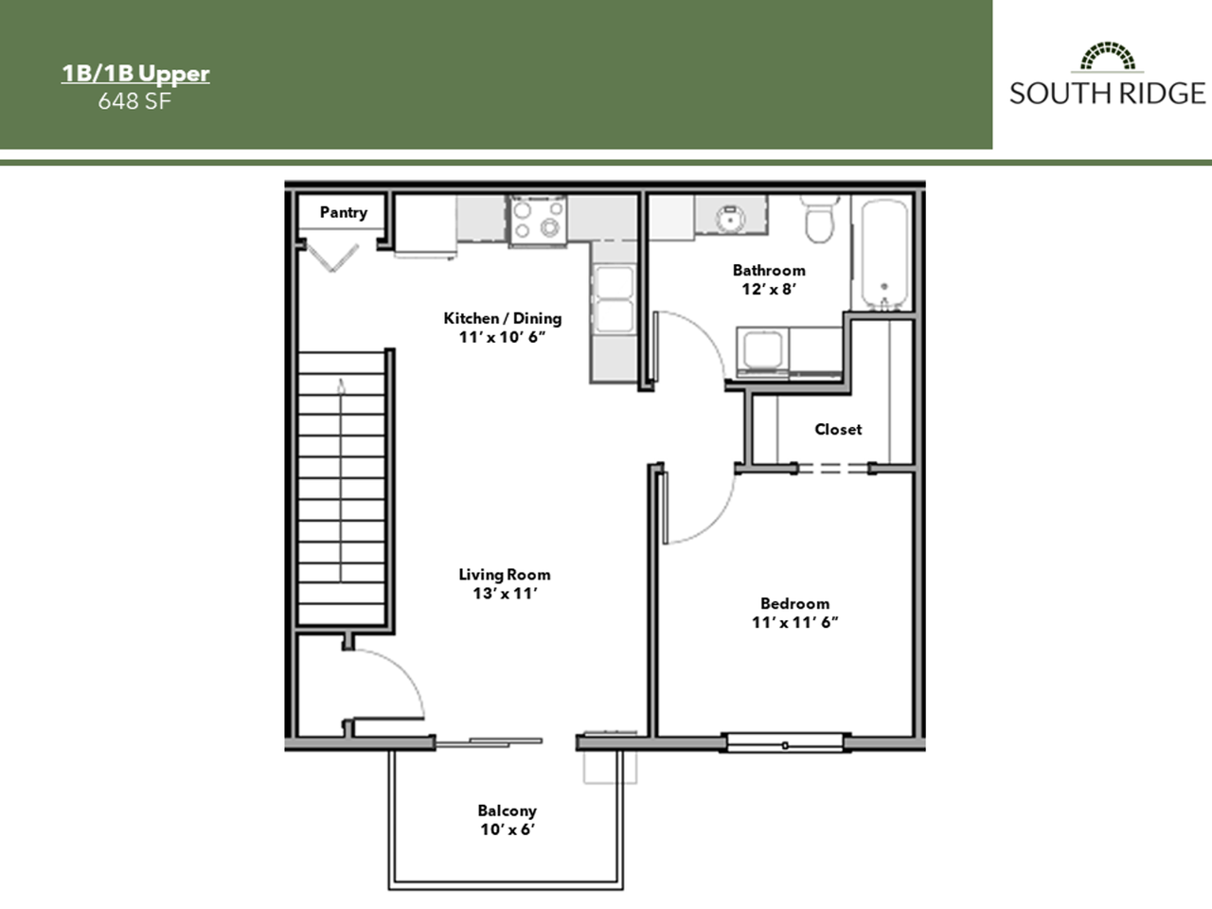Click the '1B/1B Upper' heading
click(135, 74)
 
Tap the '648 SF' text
click(134, 100)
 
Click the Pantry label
click(343, 212)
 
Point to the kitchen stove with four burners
click(538, 219)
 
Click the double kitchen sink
click(613, 298)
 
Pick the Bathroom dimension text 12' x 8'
click(768, 290)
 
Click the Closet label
click(838, 430)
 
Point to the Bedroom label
click(794, 603)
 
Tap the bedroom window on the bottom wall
click(784, 741)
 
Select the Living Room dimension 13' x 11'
click(505, 594)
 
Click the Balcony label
click(507, 811)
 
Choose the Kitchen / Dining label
click(503, 318)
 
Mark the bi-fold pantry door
click(331, 256)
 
